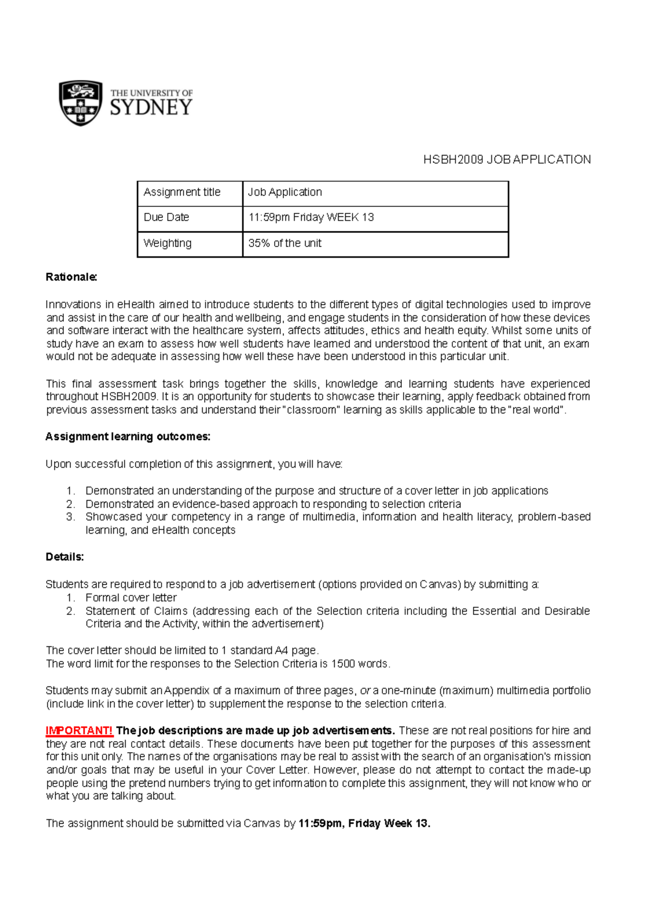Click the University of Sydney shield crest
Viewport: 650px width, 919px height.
click(x=81, y=103)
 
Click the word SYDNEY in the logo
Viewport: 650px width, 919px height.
click(x=151, y=107)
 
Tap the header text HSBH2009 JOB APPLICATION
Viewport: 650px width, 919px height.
click(x=506, y=159)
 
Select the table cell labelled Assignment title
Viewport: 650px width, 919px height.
click(x=182, y=192)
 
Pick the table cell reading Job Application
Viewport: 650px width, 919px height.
click(x=285, y=192)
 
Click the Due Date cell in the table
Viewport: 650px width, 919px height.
click(x=166, y=217)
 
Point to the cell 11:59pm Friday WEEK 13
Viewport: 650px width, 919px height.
click(x=311, y=217)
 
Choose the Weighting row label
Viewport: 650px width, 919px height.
click(x=167, y=243)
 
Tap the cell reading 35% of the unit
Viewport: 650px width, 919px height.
click(x=285, y=243)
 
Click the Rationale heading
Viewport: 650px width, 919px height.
click(x=71, y=277)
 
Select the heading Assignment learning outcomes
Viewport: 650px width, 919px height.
click(x=128, y=437)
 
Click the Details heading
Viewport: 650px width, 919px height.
click(x=65, y=557)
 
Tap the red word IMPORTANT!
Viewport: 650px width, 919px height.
click(x=79, y=730)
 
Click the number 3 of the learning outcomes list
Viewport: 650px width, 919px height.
click(x=70, y=517)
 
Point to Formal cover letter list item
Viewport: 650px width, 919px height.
click(x=131, y=598)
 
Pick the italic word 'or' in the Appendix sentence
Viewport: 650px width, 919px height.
click(x=365, y=691)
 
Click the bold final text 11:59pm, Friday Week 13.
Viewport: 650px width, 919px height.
click(x=364, y=824)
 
